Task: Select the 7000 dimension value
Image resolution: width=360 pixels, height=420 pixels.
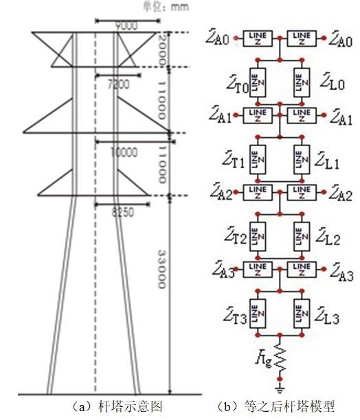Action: tap(118, 83)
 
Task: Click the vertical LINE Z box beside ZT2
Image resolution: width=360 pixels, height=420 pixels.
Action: tap(258, 237)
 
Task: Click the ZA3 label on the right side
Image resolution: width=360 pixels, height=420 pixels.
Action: tap(341, 275)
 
